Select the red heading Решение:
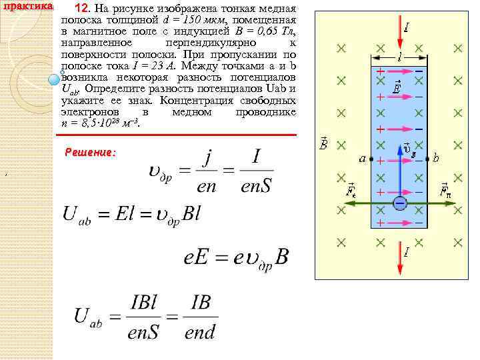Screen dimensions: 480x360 90,152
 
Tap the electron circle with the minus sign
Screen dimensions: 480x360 399,203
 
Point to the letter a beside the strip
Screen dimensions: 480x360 363,159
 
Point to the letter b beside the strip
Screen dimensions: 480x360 435,159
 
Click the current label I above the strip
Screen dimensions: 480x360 406,28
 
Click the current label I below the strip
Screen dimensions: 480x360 406,252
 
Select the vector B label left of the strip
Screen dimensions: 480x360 324,143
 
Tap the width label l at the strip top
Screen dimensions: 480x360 399,57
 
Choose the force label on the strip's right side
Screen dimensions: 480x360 445,191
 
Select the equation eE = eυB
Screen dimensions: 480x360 235,257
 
